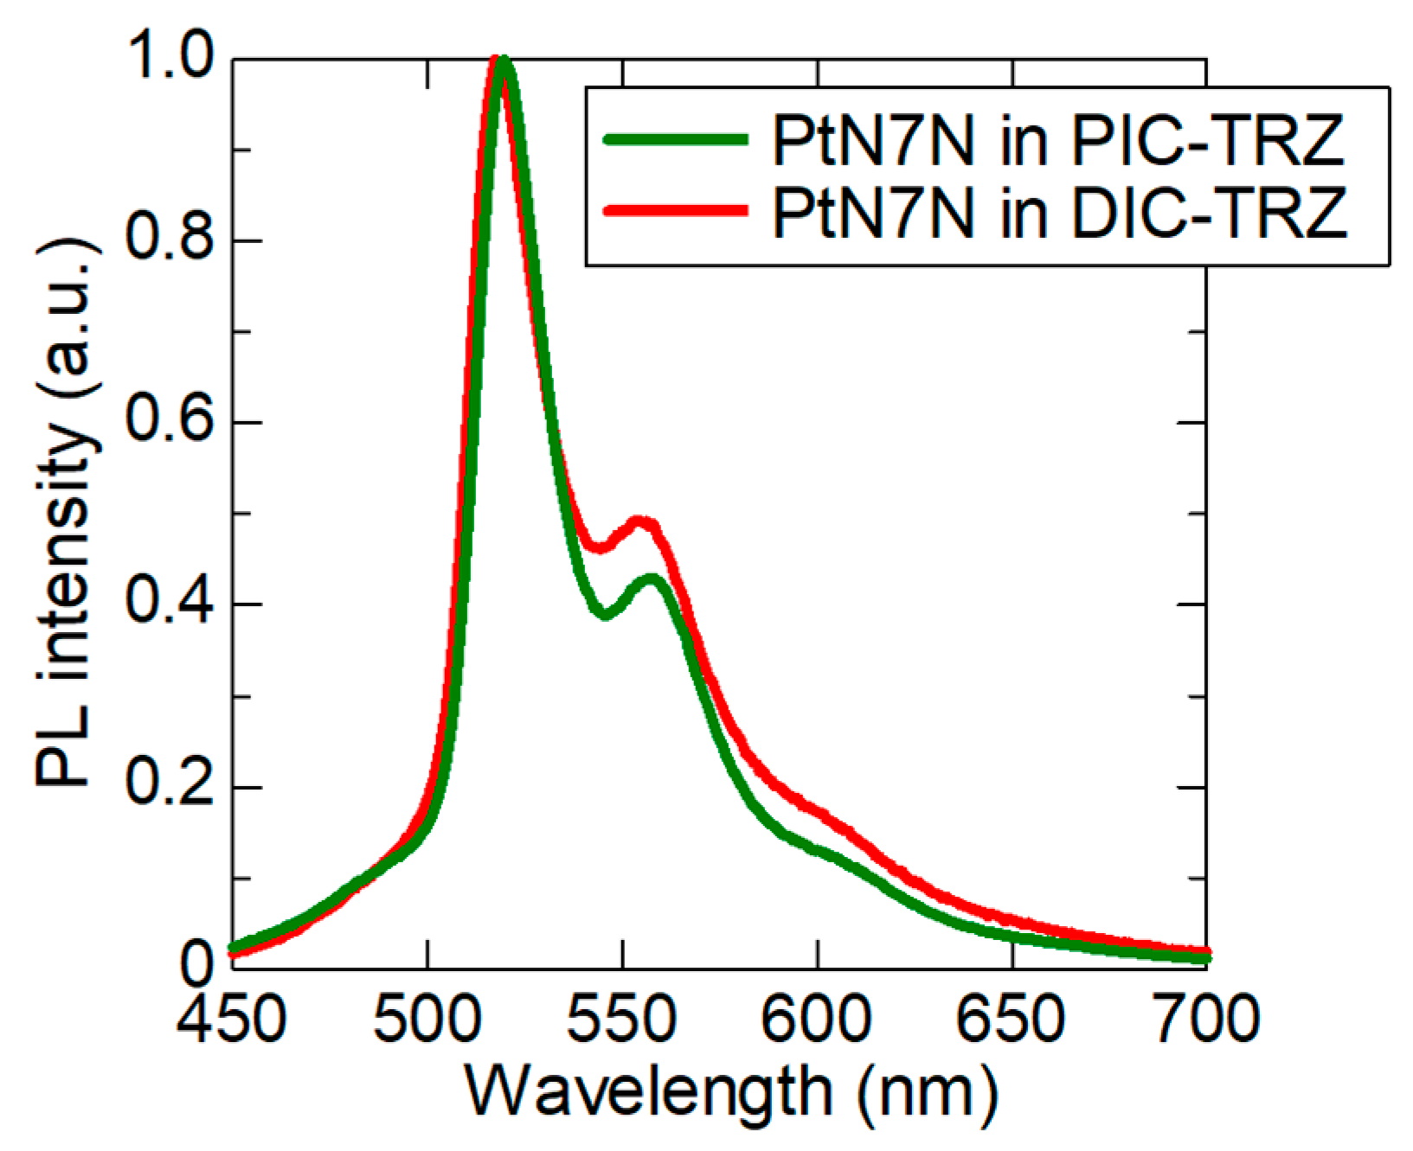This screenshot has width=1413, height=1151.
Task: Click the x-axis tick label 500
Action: tap(427, 1018)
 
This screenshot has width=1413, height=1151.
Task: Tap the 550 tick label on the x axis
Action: tap(621, 1018)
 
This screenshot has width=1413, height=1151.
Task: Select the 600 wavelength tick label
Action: tap(816, 1018)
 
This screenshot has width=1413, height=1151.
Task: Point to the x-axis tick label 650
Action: tap(1011, 1018)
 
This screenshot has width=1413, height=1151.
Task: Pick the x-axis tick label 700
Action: tap(1206, 1018)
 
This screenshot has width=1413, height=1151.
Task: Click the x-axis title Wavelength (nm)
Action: tap(732, 1091)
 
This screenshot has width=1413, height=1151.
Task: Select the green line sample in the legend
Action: tap(675, 139)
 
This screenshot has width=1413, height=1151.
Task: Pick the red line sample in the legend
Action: tap(675, 210)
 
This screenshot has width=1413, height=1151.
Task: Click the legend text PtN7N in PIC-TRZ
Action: tap(1057, 139)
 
